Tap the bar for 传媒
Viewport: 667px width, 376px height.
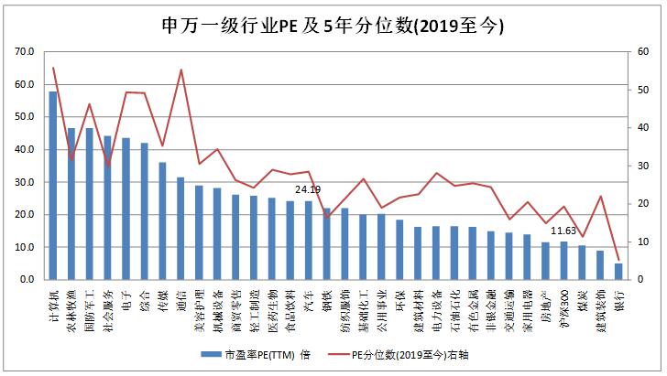[x=162, y=220]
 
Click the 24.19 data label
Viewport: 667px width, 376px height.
[x=309, y=190]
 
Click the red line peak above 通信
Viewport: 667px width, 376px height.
[x=180, y=70]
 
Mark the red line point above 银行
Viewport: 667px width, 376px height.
[x=618, y=260]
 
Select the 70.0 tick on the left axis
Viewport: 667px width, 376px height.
[x=25, y=52]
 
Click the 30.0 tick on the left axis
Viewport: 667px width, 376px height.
[x=25, y=182]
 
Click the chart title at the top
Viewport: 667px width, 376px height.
[x=333, y=24]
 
